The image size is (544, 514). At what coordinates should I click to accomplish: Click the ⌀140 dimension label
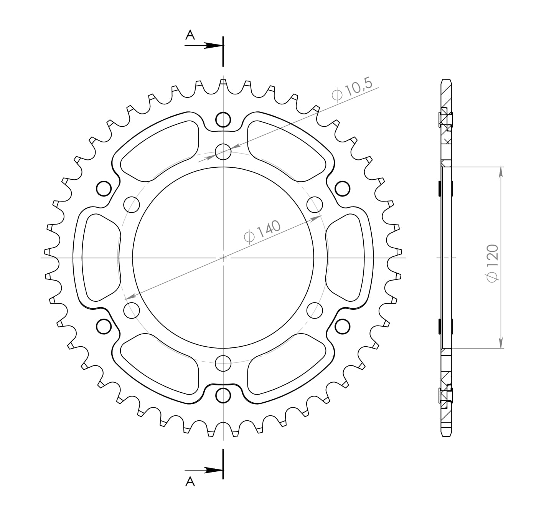point(262,232)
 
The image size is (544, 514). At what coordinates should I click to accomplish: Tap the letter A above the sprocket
point(190,35)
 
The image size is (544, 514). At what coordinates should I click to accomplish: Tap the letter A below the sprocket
point(190,489)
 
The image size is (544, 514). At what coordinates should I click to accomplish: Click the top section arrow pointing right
point(204,46)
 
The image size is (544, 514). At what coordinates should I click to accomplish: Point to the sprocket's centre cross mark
point(223,258)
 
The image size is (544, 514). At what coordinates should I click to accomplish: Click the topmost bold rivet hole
point(223,120)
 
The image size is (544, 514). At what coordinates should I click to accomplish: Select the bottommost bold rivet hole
point(223,395)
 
